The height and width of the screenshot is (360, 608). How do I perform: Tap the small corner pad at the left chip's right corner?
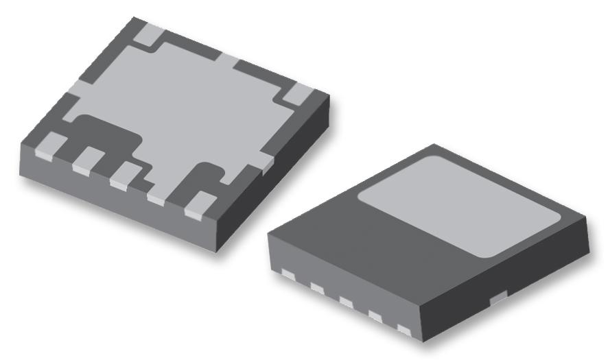298,95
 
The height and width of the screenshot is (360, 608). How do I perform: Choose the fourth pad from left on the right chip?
376,315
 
